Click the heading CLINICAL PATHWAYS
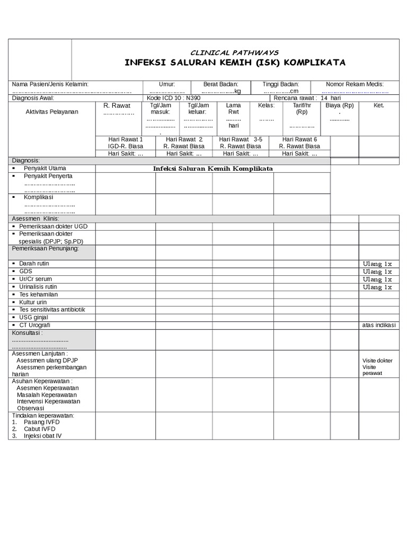click(234, 52)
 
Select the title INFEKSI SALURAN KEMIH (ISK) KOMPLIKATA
click(235, 63)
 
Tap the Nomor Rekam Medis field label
click(355, 84)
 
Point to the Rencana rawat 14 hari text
click(307, 98)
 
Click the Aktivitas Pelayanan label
click(52, 111)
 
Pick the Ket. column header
click(378, 106)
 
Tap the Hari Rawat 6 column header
click(299, 139)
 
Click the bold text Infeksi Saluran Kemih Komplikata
click(213, 169)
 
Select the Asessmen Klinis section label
click(36, 218)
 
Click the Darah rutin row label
click(34, 264)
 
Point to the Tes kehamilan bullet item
click(38, 294)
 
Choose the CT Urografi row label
click(34, 325)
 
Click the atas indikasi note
click(379, 325)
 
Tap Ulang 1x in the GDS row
click(377, 271)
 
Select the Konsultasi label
click(27, 333)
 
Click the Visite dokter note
click(377, 361)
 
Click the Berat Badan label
click(221, 84)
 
